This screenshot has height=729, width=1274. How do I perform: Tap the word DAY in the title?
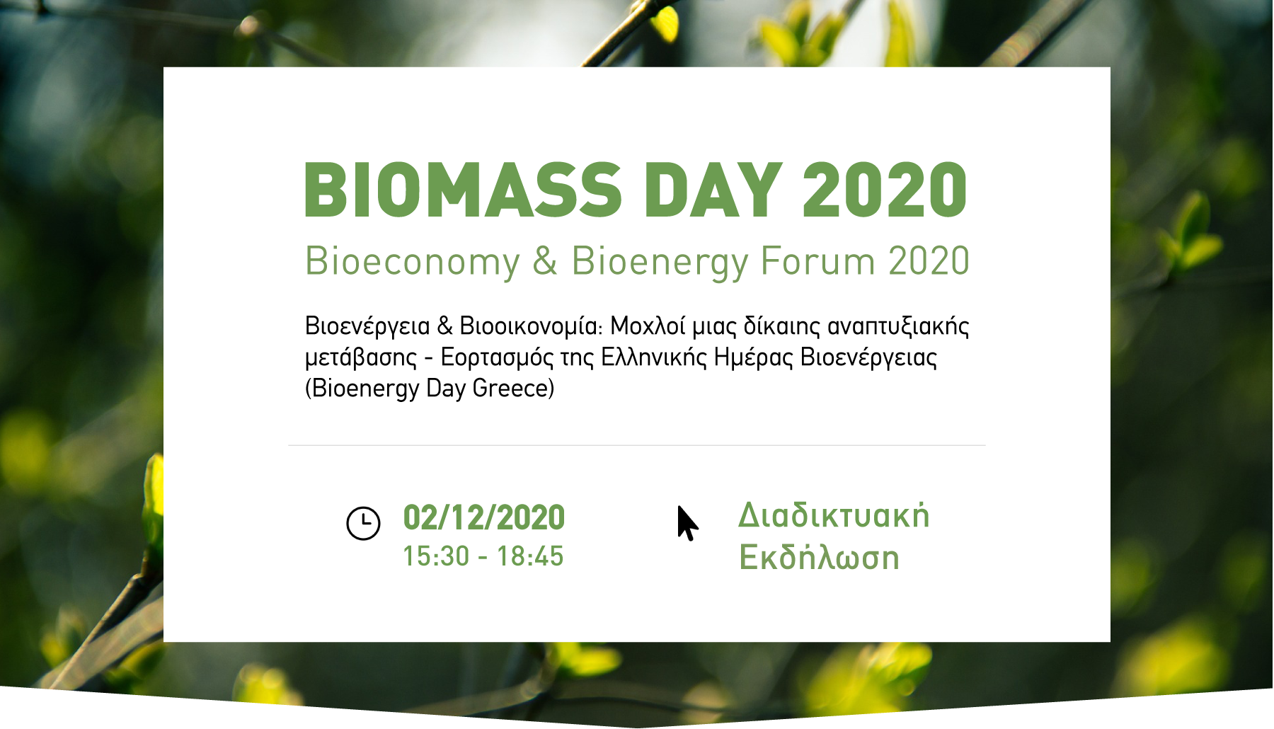point(713,190)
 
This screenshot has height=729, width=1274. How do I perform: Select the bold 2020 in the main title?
point(885,190)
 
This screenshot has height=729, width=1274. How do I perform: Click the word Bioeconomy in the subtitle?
point(413,262)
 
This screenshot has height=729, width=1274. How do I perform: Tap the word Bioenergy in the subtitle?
point(660,262)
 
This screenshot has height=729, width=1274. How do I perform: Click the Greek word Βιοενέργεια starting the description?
point(367,326)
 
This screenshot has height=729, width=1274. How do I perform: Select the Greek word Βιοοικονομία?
point(530,326)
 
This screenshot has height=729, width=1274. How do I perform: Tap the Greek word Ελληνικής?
point(653,357)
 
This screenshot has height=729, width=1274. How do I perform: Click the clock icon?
point(363,524)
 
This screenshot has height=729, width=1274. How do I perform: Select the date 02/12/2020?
point(484,517)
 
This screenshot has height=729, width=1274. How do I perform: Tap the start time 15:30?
point(436,556)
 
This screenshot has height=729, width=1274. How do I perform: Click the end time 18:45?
point(530,556)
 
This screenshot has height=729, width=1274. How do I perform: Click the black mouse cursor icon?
point(687,524)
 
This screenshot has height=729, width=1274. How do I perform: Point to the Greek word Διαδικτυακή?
point(834,515)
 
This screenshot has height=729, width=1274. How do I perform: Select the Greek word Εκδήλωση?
point(819,558)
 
